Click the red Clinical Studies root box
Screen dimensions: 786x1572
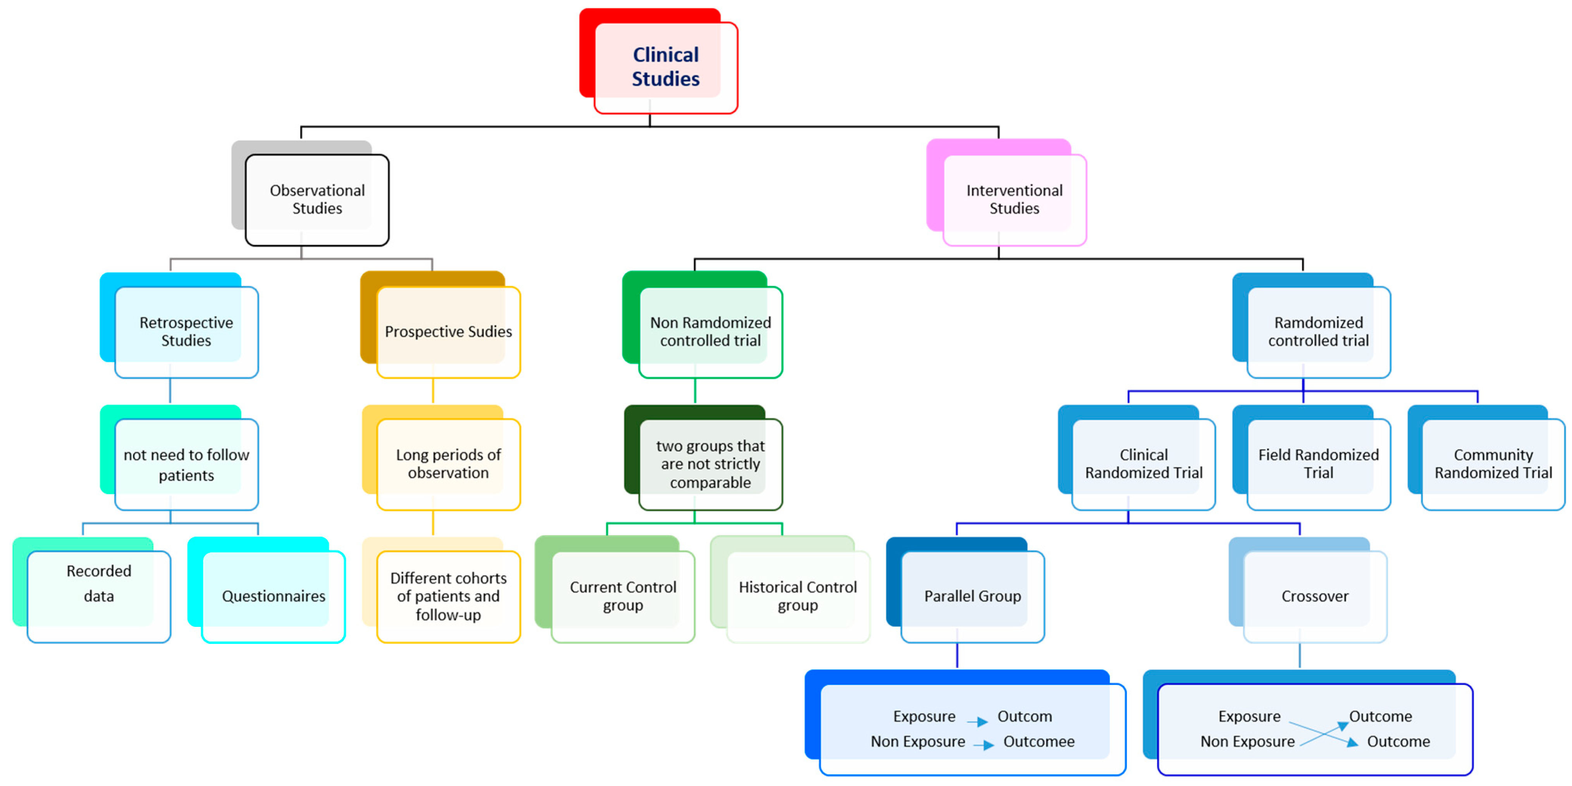click(x=665, y=67)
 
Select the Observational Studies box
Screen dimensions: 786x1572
click(x=317, y=199)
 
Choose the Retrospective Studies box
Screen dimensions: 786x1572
click(x=186, y=331)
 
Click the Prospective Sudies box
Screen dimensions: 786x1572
click(x=448, y=331)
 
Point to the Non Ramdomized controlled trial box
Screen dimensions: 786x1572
click(x=710, y=331)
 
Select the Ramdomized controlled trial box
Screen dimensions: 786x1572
click(x=1318, y=331)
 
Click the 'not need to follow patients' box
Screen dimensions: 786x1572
click(x=186, y=464)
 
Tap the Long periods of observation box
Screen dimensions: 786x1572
click(x=448, y=464)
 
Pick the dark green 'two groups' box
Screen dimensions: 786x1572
click(x=710, y=464)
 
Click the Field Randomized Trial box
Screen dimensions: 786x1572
click(x=1318, y=464)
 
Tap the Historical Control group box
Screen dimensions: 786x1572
click(x=797, y=596)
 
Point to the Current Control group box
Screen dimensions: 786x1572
click(x=622, y=596)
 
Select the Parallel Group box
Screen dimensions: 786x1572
click(x=972, y=596)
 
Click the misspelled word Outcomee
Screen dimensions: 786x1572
click(x=1039, y=741)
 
